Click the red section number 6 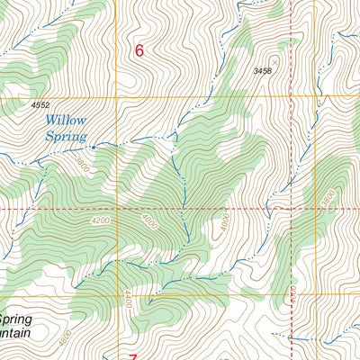click(139, 51)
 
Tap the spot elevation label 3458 click(263, 69)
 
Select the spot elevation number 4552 click(40, 105)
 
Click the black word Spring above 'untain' click(15, 319)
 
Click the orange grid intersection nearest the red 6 click(117, 97)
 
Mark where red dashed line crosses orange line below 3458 click(292, 97)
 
